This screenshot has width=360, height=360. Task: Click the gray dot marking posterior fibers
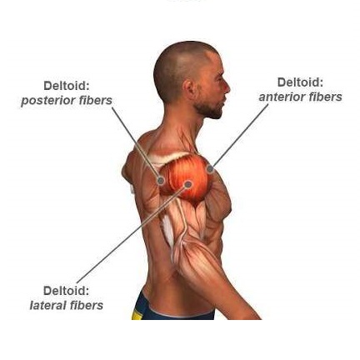tap(161, 181)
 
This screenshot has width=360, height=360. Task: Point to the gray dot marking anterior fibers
tap(210, 168)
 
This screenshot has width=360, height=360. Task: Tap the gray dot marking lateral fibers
tap(188, 184)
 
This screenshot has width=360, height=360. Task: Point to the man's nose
tap(227, 87)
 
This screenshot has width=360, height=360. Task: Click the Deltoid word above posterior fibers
tap(67, 86)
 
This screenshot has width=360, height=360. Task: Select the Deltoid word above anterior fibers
tap(301, 82)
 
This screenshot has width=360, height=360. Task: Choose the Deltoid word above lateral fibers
tap(67, 291)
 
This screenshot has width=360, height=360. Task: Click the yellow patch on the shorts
tap(137, 314)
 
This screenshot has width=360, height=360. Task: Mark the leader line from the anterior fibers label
tap(239, 136)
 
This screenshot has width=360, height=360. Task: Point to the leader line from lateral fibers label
tap(132, 233)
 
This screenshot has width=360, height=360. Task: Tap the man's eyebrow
tap(219, 74)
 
